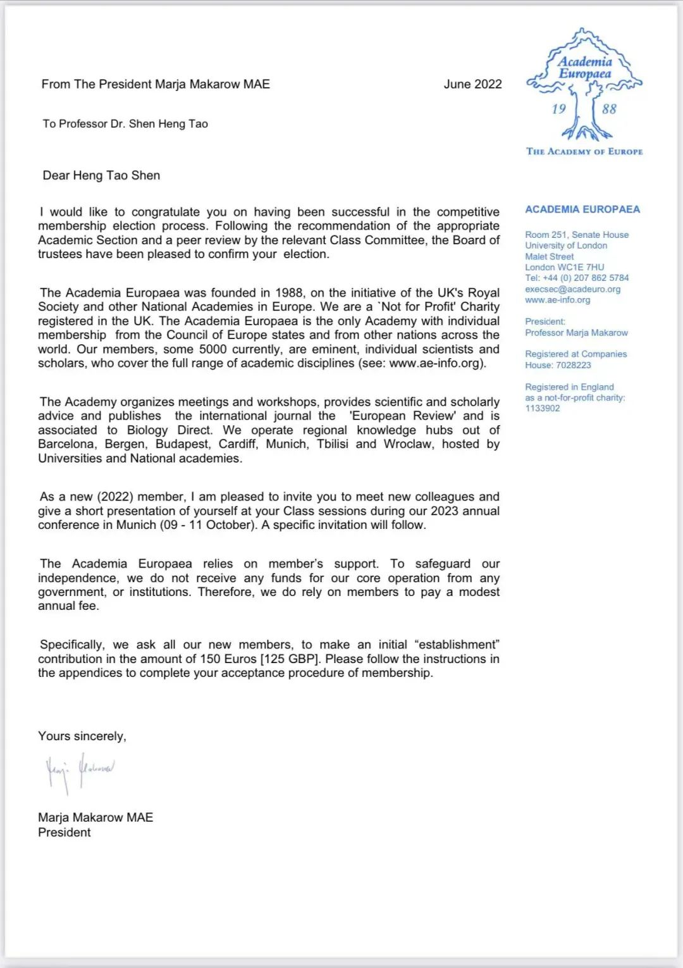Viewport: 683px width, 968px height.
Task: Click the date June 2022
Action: (472, 84)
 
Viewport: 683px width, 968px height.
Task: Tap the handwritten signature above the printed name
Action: (80, 771)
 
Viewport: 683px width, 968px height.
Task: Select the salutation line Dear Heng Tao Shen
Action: (101, 175)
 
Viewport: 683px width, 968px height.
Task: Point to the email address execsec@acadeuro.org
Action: (572, 289)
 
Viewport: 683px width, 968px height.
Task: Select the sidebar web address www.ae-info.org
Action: (557, 300)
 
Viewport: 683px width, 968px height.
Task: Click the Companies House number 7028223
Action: (573, 365)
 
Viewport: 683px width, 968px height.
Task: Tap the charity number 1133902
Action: (542, 408)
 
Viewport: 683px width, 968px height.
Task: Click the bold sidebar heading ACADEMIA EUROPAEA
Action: (582, 209)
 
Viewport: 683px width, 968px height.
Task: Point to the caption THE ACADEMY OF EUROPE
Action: (584, 152)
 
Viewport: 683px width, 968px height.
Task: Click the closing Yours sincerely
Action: (82, 736)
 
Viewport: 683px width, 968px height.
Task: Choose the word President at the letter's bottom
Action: (64, 832)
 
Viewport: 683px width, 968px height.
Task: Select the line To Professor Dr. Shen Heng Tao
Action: (125, 124)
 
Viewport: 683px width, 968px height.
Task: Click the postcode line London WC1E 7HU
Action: (564, 267)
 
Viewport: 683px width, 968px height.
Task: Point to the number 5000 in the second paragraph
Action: (212, 349)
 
